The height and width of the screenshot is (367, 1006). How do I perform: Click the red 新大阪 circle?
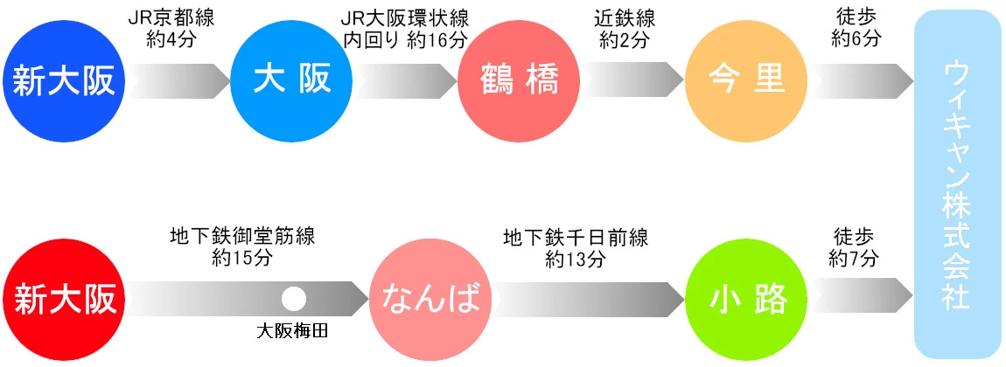pos(64,298)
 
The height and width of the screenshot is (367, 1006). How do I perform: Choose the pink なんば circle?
pos(430,298)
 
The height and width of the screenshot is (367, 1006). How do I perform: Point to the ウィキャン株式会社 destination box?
pos(957,183)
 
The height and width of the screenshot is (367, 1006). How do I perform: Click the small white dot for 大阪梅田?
pos(293,298)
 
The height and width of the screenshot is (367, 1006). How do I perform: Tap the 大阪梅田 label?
pos(293,333)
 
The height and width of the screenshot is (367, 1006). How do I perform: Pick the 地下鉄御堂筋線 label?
pos(242,238)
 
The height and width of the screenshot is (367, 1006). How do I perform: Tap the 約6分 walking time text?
pos(856,40)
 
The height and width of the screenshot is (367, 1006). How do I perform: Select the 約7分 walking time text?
pos(856,259)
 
